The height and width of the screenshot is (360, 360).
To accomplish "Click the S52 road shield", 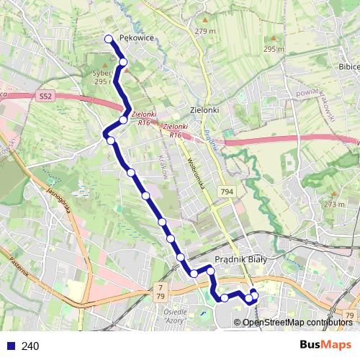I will coord(46,96).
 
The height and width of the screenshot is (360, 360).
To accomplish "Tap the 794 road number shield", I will coord(228,192).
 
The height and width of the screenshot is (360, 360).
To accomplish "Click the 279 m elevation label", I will coord(204,31).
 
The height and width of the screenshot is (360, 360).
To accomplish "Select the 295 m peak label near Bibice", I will coord(274,49).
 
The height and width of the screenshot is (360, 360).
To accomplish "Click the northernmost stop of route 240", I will coord(109,39).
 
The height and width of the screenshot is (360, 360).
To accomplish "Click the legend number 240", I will coord(30,346).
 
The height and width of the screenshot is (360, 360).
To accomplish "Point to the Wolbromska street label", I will coord(198,174).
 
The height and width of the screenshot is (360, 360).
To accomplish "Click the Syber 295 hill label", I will coord(102,77).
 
